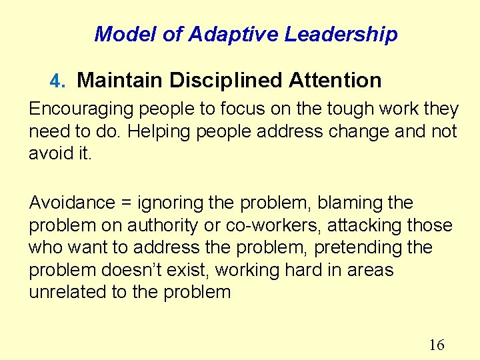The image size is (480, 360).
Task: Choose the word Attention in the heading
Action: pos(335,81)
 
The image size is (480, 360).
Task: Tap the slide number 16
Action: pos(437,345)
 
